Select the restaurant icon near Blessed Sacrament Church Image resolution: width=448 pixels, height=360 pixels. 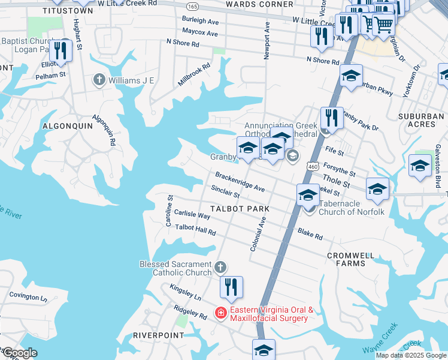coord(231,288)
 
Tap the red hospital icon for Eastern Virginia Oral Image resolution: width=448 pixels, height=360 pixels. coord(220,313)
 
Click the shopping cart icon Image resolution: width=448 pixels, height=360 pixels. coord(383,25)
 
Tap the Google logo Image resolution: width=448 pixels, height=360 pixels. coord(19,353)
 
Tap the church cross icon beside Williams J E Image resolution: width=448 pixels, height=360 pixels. coord(99,80)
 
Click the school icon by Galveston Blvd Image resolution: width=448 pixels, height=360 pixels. coord(420,166)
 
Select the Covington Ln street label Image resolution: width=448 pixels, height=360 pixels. coord(28,297)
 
